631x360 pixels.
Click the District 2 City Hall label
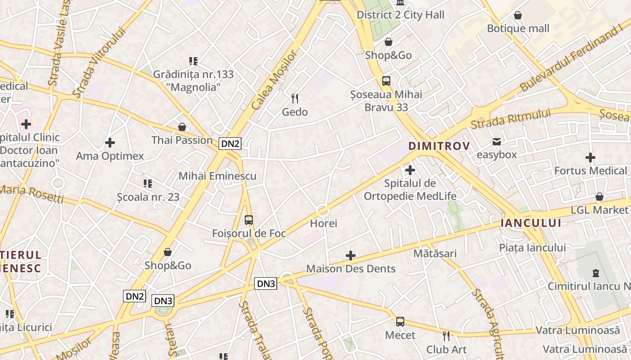point(400,15)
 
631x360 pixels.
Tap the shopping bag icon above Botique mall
point(518,16)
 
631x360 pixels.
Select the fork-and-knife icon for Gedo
point(295,99)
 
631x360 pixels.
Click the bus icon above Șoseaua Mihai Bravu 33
point(386,81)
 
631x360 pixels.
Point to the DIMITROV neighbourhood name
point(439,146)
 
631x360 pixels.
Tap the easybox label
point(497,154)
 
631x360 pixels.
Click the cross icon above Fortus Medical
point(590,157)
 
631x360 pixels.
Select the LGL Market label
point(599,210)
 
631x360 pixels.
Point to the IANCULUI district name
point(531,223)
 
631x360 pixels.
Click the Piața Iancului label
point(532,247)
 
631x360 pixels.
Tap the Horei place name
point(324,223)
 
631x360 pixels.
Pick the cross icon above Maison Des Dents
point(351,256)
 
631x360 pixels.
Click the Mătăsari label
point(435,253)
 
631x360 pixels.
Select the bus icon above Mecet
point(400,322)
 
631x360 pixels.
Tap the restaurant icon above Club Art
point(446,336)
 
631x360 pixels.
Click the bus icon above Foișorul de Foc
point(249,220)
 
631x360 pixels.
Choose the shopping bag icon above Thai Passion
point(182,127)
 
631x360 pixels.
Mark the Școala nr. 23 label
point(148,197)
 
